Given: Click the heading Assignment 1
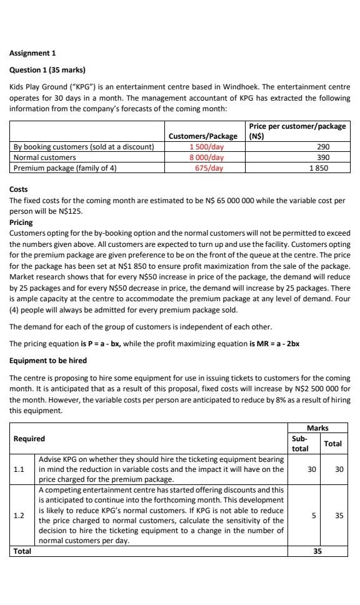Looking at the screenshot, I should [32, 53].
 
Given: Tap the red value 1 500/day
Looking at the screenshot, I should [206, 147].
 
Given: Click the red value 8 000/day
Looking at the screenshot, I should [206, 157].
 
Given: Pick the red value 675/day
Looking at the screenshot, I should [209, 167].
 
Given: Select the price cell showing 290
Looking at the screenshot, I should [323, 147].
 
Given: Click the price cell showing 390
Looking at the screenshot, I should [323, 157].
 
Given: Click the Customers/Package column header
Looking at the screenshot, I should [203, 136].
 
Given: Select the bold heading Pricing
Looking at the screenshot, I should [21, 222].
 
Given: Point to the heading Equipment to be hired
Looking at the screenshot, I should [48, 361].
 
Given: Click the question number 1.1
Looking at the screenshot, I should [19, 468].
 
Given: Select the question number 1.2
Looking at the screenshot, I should [19, 516].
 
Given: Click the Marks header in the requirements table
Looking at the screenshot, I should [319, 427].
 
